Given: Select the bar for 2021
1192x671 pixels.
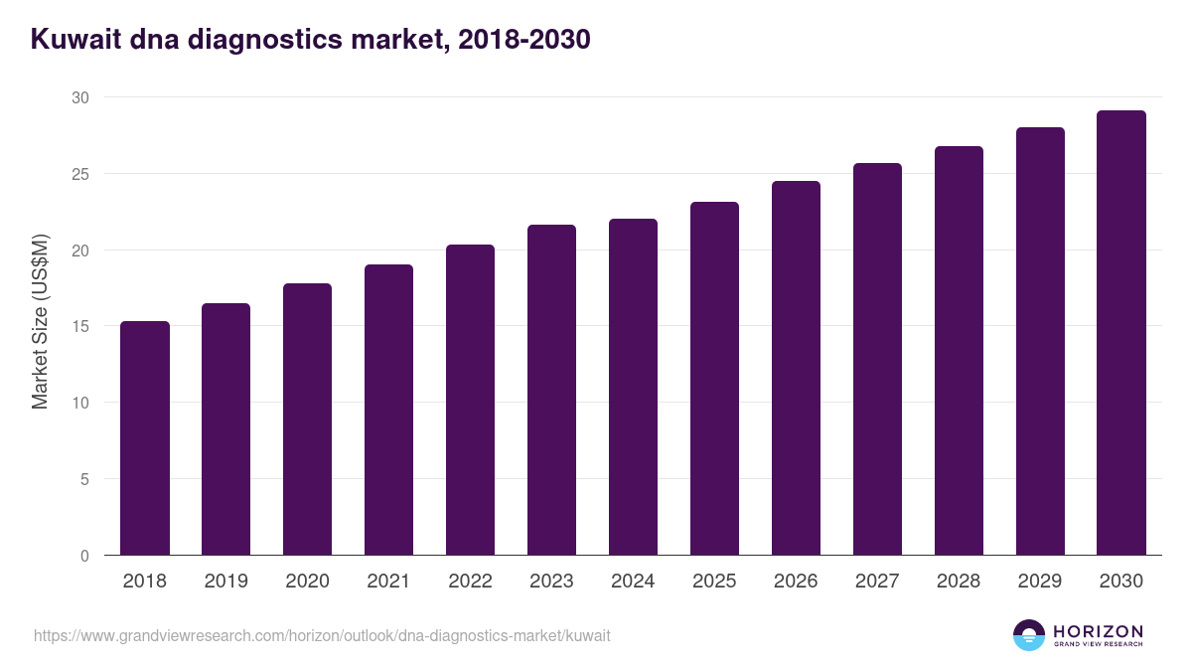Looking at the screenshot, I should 388,410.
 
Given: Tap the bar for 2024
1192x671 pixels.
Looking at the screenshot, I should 633,387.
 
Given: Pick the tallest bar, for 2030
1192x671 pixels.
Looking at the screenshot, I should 1120,333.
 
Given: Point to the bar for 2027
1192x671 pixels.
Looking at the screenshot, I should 877,359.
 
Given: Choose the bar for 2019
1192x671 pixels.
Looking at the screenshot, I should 225,428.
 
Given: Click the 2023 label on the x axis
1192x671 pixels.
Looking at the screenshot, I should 551,582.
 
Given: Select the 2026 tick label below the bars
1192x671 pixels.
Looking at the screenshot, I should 796,582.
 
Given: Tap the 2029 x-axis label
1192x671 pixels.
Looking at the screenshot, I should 1039,582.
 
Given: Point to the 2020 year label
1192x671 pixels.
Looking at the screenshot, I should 307,582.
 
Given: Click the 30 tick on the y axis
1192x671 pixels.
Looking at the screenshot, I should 79,97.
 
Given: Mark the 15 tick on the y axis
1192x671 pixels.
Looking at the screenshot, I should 79,326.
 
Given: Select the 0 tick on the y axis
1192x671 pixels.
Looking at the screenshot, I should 83,556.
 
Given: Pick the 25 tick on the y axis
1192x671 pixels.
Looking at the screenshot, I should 79,174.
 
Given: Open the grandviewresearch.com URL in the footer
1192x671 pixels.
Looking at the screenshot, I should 322,635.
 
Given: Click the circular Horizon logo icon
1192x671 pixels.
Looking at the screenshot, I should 1029,635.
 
